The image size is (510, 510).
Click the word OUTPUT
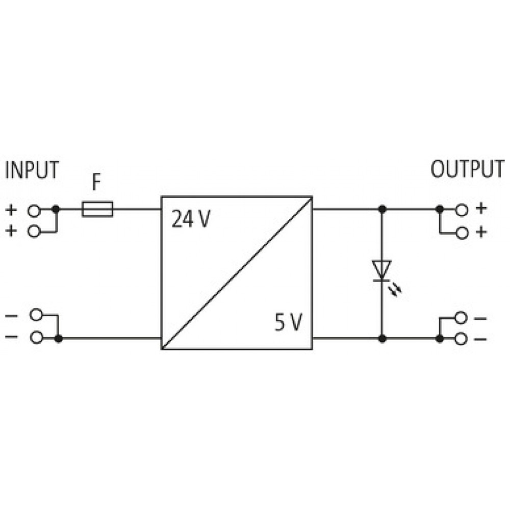(x=467, y=169)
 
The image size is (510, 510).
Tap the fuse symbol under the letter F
(x=97, y=209)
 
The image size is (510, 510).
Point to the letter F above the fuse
(x=96, y=182)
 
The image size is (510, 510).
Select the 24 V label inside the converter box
(x=191, y=219)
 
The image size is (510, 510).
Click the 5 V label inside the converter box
(x=289, y=322)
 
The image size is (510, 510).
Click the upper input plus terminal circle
(x=34, y=211)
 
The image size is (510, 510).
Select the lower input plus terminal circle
(x=34, y=232)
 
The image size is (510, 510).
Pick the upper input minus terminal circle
(x=36, y=315)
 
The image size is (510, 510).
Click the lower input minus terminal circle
(x=36, y=338)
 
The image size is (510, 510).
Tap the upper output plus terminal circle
(x=461, y=210)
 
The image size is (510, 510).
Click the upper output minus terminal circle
(x=461, y=318)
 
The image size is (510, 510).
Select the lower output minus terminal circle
(x=461, y=339)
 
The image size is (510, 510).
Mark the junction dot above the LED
(x=382, y=209)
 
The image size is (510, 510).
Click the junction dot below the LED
(x=382, y=339)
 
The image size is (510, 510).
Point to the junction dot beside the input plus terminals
(x=56, y=209)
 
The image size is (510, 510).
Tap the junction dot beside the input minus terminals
(x=58, y=339)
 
